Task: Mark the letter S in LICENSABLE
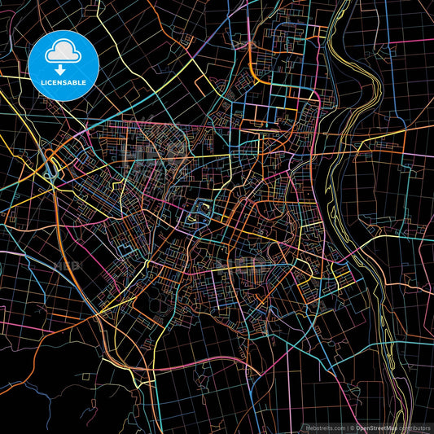(70, 81)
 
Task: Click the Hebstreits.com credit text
(326, 427)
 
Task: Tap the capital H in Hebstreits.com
(309, 427)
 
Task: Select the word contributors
(414, 427)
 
